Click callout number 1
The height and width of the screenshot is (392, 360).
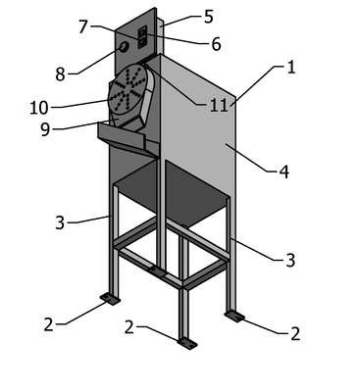(291, 67)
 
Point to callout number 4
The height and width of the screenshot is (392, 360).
(284, 171)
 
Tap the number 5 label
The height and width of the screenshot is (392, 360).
(209, 17)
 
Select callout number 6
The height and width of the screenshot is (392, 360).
(216, 44)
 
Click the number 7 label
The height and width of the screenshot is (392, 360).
(83, 26)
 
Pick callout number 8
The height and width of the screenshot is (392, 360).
(60, 74)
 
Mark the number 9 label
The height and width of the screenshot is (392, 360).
(45, 129)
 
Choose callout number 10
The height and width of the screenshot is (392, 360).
(39, 108)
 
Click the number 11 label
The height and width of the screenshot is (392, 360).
(219, 106)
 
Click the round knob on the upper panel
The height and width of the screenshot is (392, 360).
(124, 48)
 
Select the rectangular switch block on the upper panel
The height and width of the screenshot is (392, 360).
(142, 37)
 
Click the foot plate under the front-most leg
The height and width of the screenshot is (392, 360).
(187, 344)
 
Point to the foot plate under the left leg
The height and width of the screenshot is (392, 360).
(110, 299)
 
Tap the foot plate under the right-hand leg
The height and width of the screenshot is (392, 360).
(234, 317)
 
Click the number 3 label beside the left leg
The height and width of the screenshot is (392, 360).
(60, 223)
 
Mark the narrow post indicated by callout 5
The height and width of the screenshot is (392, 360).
(160, 36)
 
